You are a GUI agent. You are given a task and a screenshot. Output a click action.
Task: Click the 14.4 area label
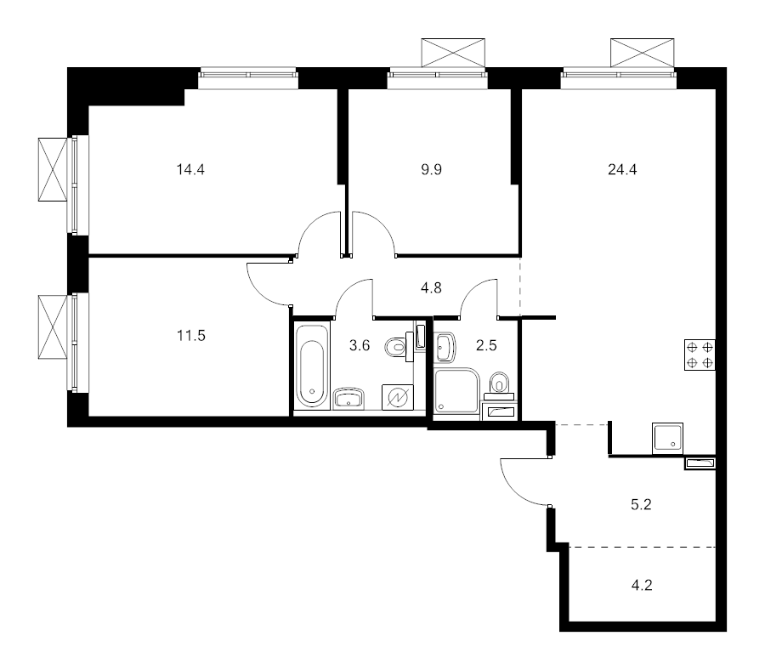[x=191, y=169]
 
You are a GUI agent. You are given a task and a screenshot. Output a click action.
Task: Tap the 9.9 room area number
[x=431, y=169]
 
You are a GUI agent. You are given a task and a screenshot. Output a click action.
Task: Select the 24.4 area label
[x=623, y=169]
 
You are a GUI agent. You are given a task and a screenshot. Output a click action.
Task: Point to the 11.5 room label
[x=191, y=335]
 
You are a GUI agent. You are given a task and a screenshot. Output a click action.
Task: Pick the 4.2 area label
[x=642, y=584]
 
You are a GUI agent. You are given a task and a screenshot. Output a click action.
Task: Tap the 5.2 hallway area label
[x=642, y=504]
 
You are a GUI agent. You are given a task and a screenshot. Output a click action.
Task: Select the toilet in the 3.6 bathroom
[x=397, y=349]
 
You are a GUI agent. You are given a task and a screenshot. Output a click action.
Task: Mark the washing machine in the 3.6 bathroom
[x=398, y=397]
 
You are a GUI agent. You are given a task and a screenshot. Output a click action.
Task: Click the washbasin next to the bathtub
[x=349, y=397]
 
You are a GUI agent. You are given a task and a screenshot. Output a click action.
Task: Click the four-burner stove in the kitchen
[x=700, y=355]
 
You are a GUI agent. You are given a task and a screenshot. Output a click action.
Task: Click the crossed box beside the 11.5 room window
[x=52, y=327]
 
